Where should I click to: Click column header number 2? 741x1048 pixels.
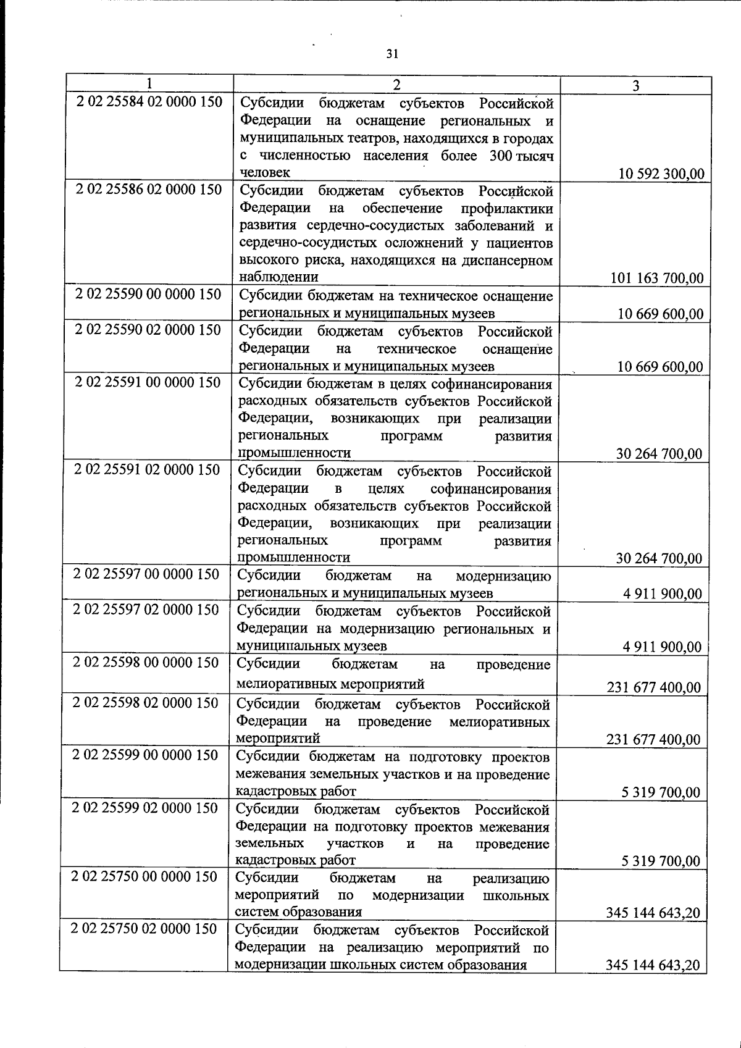click(x=396, y=85)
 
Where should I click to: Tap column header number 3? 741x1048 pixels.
click(x=635, y=86)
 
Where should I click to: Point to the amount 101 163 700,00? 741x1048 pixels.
click(x=657, y=278)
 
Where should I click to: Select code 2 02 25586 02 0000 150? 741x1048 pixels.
click(x=149, y=189)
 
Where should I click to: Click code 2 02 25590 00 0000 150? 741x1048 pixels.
click(x=148, y=294)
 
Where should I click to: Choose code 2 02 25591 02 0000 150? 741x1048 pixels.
click(x=147, y=470)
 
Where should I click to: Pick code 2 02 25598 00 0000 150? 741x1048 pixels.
click(x=146, y=663)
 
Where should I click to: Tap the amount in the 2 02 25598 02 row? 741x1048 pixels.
click(x=653, y=739)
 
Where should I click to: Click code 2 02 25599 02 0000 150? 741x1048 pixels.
click(x=145, y=808)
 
